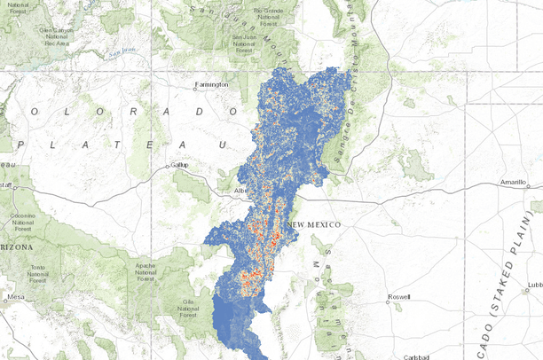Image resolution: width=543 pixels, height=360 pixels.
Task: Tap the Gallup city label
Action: click(x=180, y=165)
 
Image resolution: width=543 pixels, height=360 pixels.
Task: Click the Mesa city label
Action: click(x=15, y=297)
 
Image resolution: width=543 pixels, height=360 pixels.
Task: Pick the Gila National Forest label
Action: click(x=188, y=308)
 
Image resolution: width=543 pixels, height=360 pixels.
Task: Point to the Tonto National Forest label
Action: click(x=36, y=273)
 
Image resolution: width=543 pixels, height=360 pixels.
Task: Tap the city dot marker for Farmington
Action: click(x=196, y=86)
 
